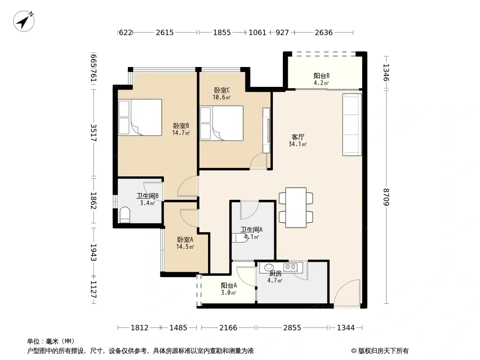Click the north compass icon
point(23,21)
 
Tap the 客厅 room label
point(298,137)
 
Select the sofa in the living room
point(352,125)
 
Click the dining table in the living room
point(296,207)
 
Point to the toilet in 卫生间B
point(125,215)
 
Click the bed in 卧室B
point(140,117)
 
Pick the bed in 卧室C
point(222,123)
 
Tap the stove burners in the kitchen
point(290,267)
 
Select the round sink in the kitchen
point(269,267)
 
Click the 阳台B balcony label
point(322,76)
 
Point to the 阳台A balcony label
point(229,285)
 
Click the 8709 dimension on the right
point(386,197)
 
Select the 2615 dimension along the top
point(165,32)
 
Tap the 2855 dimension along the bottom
point(292,328)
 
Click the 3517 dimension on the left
point(94,133)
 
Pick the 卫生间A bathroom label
point(251,229)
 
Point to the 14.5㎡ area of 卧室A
point(185,247)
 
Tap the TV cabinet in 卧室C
point(266,130)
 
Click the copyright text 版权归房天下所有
point(383,351)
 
